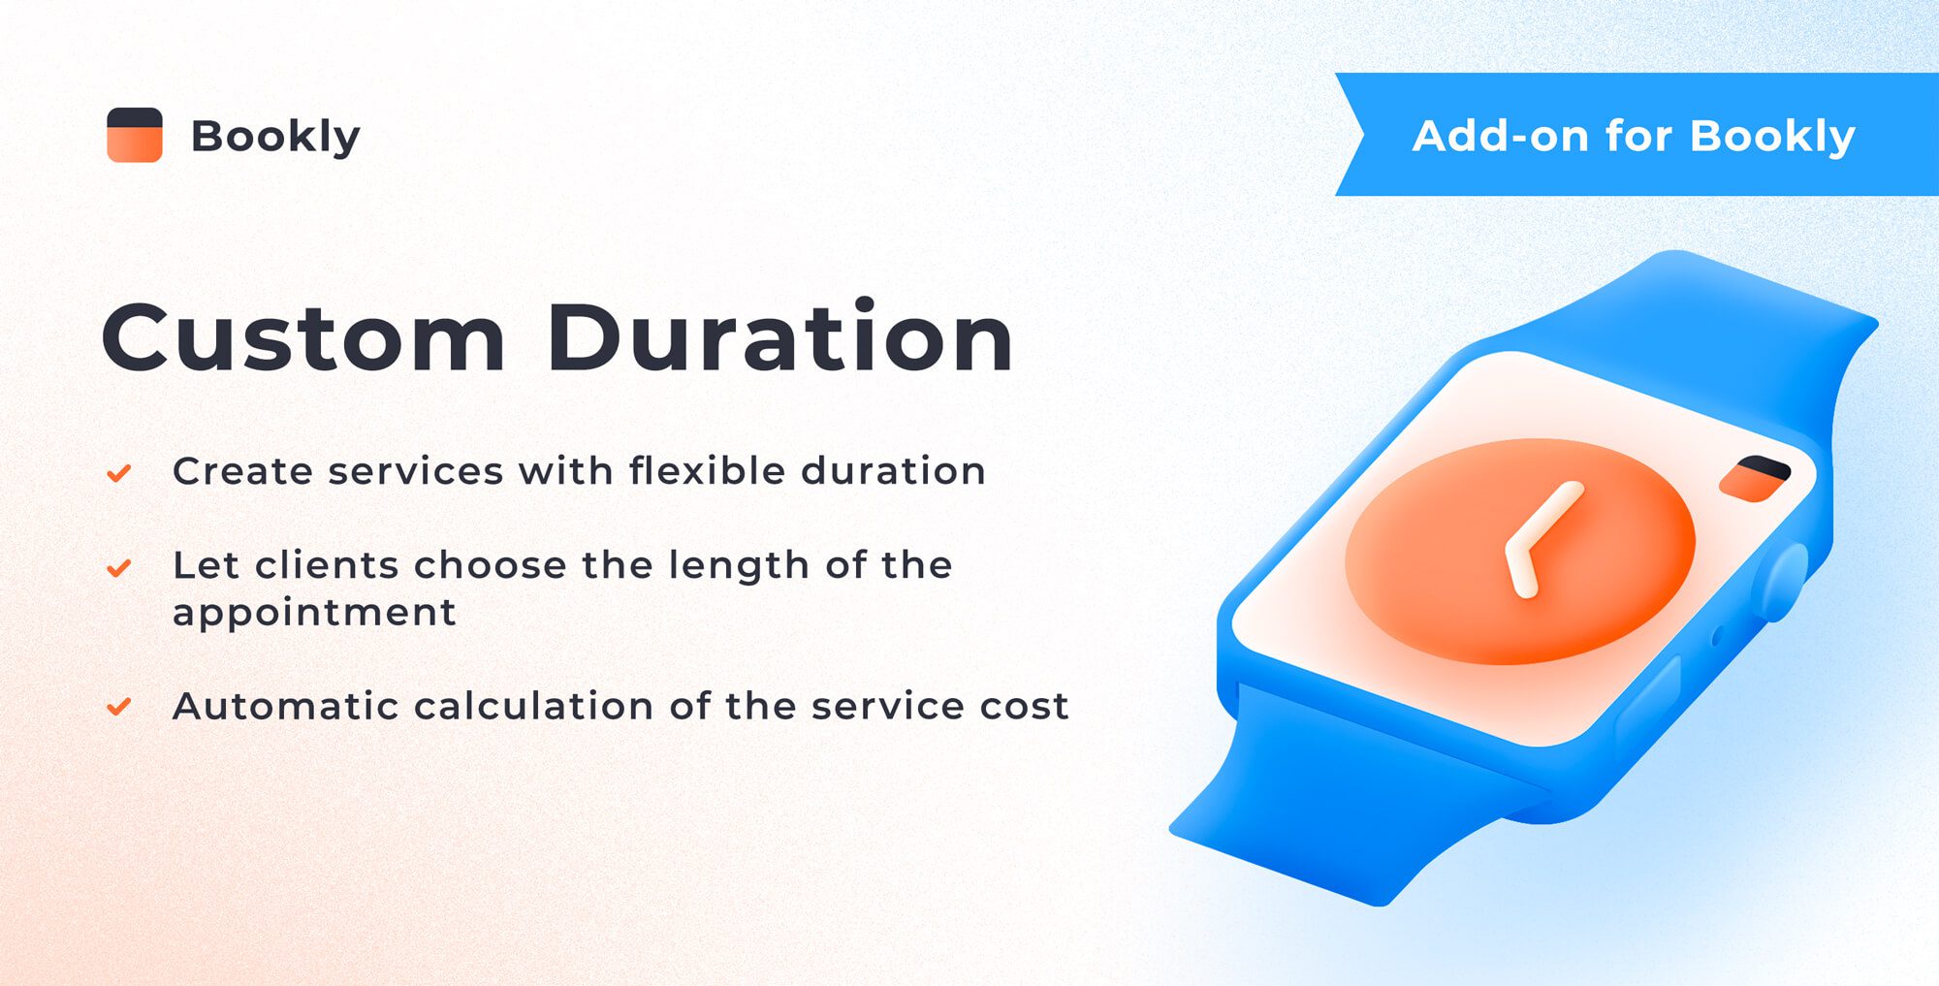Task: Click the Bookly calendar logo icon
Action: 134,135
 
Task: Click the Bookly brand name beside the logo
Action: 275,136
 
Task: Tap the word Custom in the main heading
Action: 303,338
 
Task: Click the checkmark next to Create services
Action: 119,473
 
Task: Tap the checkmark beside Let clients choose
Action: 119,567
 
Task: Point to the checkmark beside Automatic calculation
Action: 119,707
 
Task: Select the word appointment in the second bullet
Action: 314,614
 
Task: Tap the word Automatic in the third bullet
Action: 285,707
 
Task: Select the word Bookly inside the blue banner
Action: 1772,136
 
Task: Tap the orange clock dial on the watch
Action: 1609,591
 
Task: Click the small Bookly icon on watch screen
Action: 1755,478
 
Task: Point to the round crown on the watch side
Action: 1782,582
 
